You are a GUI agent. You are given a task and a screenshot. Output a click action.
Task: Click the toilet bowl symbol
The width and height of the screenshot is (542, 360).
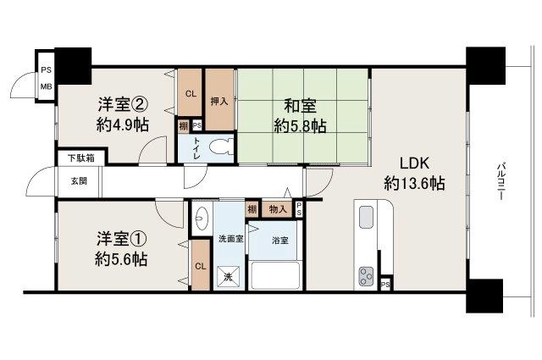pos(220,147)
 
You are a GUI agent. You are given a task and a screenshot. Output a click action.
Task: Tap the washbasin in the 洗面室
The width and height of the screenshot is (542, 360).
pos(201,218)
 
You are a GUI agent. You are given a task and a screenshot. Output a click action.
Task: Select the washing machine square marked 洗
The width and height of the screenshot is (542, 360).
pos(228,277)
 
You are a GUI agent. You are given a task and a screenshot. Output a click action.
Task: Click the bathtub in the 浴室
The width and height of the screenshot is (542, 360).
pos(275,276)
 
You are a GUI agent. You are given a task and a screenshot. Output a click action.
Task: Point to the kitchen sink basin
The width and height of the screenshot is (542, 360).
pos(366,217)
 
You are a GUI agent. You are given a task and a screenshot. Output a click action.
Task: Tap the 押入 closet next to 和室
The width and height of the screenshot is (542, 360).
pos(219,100)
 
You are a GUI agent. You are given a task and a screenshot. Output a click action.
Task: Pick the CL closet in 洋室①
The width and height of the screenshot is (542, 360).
pos(201,266)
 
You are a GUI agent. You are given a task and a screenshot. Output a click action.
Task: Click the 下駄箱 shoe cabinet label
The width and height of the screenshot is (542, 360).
pos(81,158)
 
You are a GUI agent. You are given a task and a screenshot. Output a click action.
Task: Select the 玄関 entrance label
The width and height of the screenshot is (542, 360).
pos(79,181)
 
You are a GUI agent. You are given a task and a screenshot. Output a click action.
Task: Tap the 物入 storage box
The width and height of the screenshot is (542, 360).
pos(278,209)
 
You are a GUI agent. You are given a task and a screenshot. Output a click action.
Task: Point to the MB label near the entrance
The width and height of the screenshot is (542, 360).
pos(46,86)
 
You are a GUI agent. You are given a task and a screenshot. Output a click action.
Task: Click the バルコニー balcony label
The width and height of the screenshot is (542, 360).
pos(500,181)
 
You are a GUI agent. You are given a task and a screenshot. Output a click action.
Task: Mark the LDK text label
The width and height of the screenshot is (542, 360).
pos(414,163)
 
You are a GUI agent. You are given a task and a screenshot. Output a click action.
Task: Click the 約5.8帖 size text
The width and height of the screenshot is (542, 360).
pos(300,126)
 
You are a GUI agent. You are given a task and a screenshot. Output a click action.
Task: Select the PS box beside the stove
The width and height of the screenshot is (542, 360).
pos(386,285)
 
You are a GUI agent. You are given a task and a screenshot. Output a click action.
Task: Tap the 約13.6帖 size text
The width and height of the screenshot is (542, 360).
pos(414,183)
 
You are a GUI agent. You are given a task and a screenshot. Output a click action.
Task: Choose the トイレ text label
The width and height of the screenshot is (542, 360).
pos(196,148)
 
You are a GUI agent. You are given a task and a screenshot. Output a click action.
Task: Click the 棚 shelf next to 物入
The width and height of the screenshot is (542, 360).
pos(252,209)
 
